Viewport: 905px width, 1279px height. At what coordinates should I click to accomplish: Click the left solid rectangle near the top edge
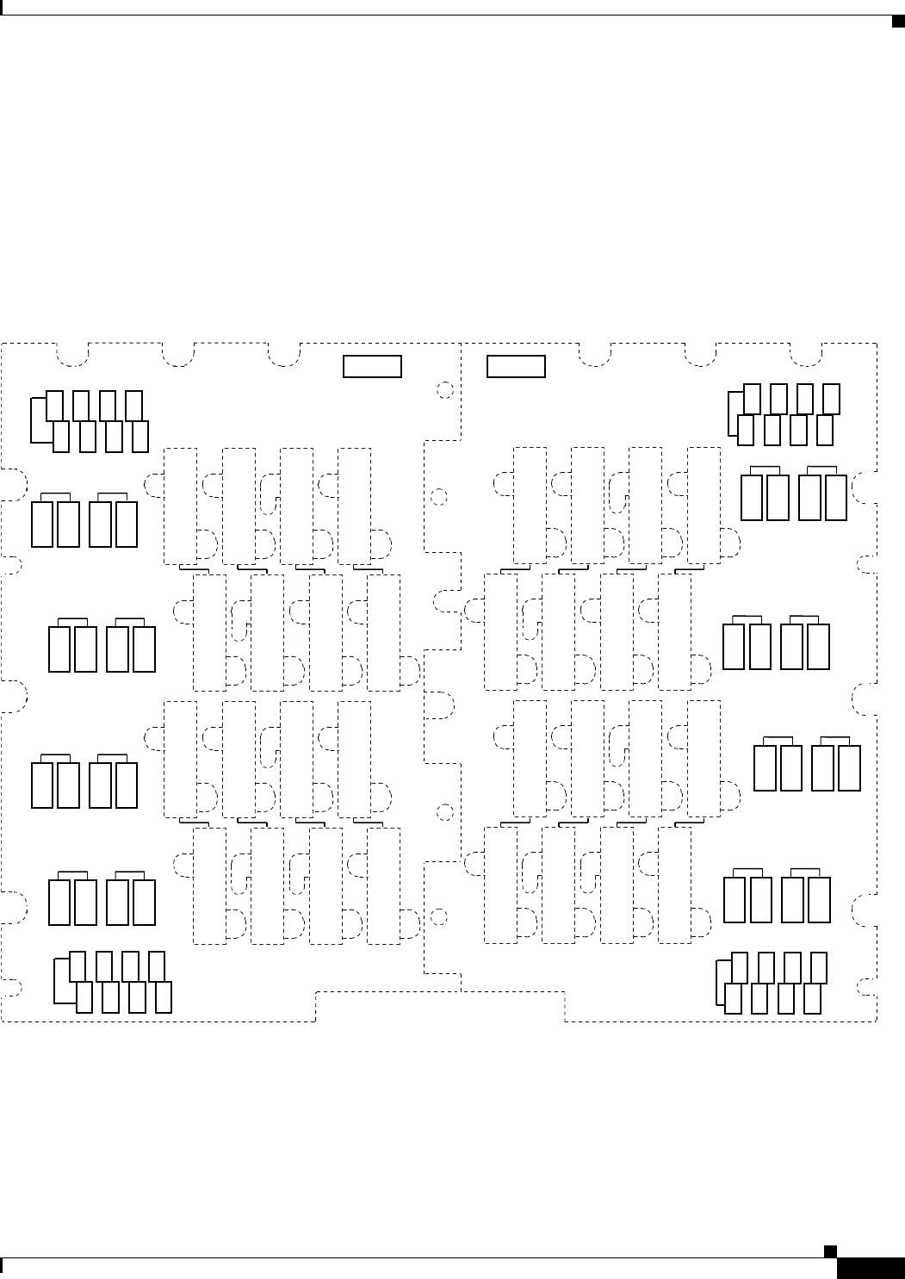372,366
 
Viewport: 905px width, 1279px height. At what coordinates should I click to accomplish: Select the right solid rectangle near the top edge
516,366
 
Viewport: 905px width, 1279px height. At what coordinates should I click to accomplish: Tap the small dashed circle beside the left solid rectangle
445,390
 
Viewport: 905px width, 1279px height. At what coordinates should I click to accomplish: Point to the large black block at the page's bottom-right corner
870,1269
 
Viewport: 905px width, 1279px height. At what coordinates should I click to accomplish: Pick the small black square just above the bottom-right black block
828,1250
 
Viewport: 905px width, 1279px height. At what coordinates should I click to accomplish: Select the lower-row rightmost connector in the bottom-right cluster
811,997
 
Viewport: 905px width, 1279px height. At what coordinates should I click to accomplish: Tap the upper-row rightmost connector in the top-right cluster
832,398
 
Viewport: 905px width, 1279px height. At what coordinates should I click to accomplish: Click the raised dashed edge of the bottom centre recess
440,992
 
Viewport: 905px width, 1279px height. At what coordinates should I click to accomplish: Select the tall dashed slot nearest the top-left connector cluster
180,506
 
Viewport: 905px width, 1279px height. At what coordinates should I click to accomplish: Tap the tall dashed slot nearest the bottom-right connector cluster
674,885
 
